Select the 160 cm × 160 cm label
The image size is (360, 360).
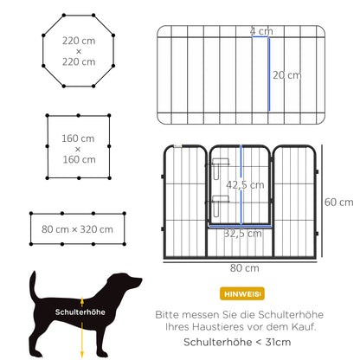[x=78, y=149]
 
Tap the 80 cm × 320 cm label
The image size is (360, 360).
[x=77, y=229]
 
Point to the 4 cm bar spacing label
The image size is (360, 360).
[x=260, y=31]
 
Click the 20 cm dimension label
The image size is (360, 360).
[x=287, y=75]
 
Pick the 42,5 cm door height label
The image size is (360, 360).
[x=245, y=185]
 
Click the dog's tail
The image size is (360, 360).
[x=34, y=286]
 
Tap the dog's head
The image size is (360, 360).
[x=129, y=283]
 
